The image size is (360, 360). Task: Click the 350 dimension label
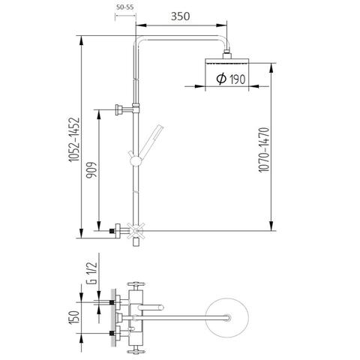(180, 16)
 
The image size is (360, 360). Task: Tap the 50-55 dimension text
(125, 7)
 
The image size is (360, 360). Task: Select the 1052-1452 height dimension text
(74, 139)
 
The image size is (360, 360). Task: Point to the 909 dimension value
(91, 170)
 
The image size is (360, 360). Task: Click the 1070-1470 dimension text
(264, 150)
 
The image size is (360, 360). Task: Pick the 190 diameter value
(238, 79)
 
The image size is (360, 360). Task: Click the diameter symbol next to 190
(221, 79)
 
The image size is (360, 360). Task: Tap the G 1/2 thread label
(92, 273)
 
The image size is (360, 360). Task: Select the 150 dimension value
(74, 318)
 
